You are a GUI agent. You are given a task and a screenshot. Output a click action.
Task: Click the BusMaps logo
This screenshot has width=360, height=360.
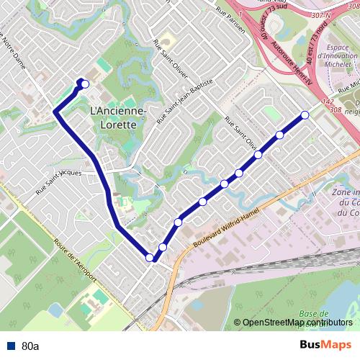325,346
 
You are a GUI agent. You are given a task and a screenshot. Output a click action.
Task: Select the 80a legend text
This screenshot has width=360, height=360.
30,346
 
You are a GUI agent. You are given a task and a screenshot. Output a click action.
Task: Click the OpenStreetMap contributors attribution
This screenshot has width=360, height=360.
297,323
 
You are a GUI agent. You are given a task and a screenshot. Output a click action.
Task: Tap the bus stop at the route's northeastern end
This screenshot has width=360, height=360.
305,115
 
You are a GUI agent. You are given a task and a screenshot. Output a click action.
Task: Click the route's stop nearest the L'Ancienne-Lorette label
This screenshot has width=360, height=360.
85,84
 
